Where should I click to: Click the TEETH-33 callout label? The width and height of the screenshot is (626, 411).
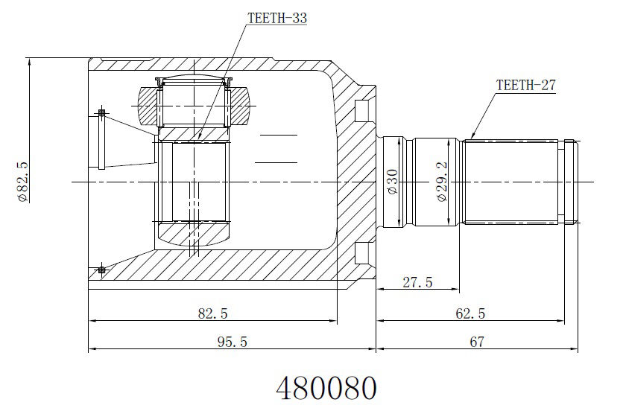(x=277, y=18)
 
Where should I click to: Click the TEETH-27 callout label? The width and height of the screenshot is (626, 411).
(x=525, y=85)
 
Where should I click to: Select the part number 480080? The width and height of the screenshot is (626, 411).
(x=326, y=388)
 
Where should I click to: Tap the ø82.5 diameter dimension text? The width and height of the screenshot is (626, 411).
(x=22, y=182)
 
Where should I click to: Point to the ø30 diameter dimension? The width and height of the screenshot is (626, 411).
(x=393, y=182)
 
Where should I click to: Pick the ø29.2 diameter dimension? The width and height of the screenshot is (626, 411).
(x=443, y=182)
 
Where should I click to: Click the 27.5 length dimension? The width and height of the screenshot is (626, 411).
(x=417, y=282)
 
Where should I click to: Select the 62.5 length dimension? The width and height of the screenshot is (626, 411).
(x=470, y=313)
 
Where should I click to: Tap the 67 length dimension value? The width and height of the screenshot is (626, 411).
(x=477, y=342)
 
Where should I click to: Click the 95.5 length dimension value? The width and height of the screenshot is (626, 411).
(x=233, y=342)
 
